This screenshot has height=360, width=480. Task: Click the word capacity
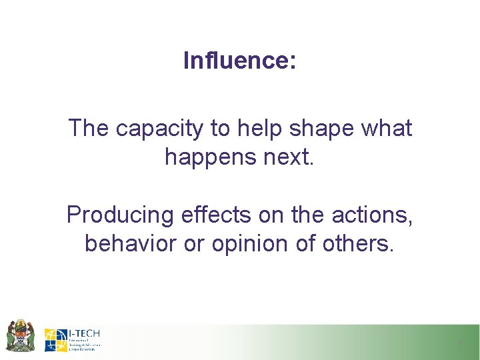coord(157,129)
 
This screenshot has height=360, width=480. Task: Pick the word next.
coord(287,157)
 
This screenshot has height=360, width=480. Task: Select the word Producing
coord(120,215)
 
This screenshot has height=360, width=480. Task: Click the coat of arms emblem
coord(20,335)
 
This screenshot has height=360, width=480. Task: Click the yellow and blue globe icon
coord(55,340)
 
